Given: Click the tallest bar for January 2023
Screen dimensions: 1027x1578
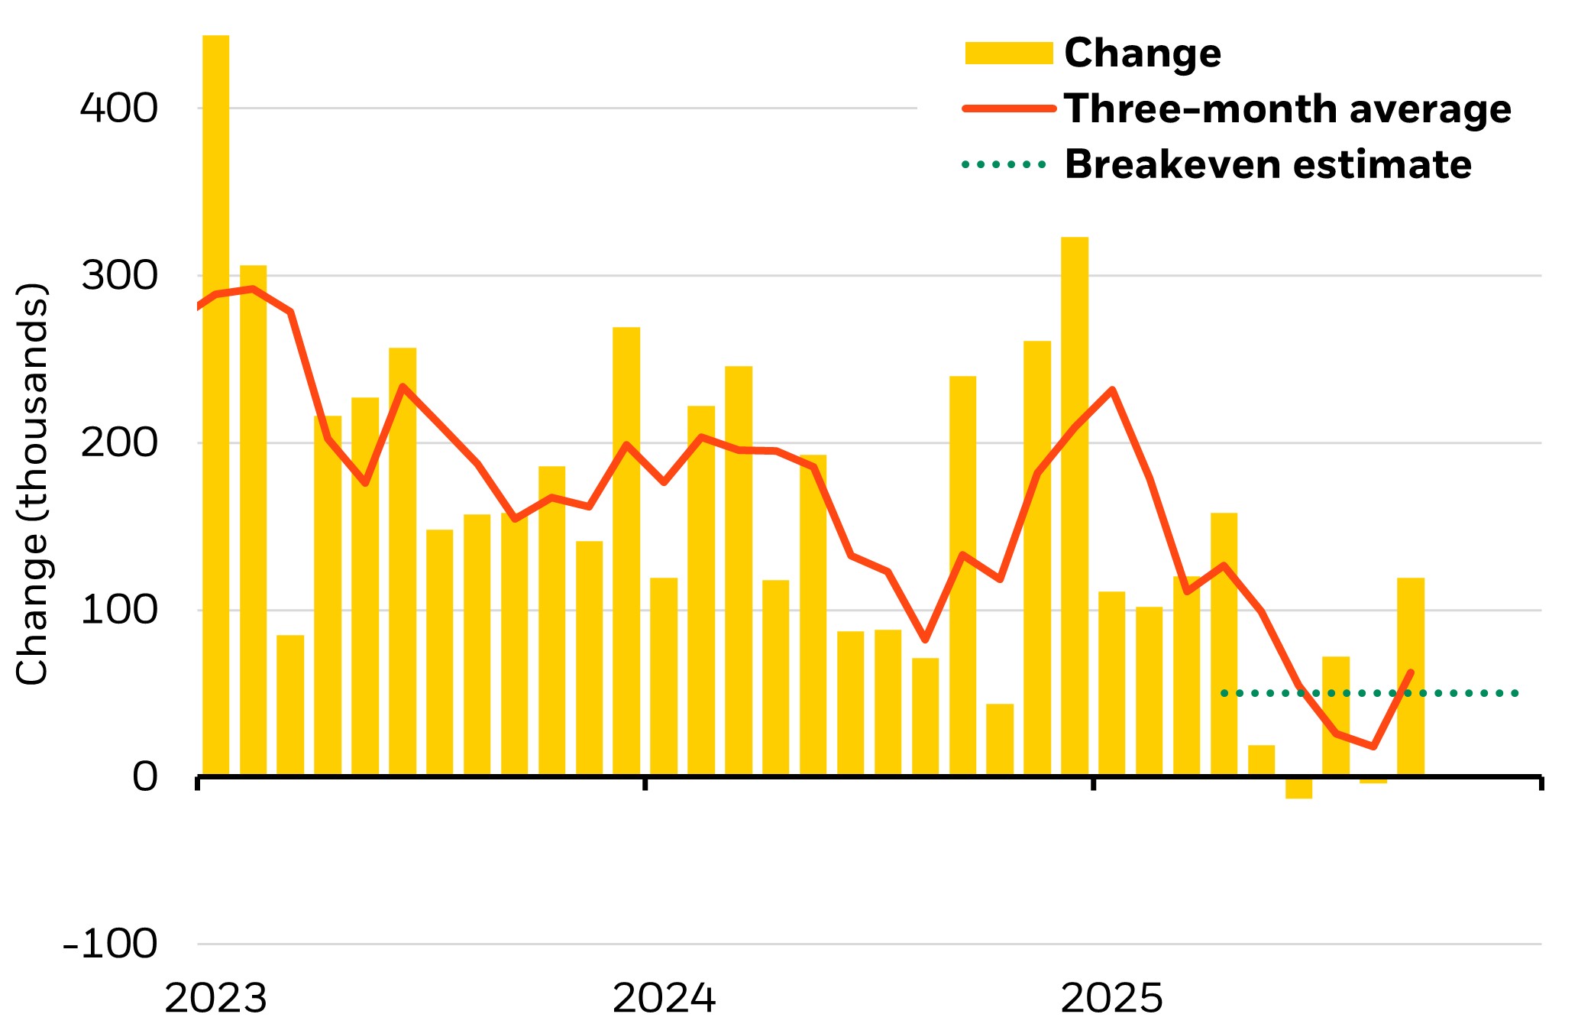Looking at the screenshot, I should tap(215, 405).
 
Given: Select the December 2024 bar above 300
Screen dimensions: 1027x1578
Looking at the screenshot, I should tap(1074, 504).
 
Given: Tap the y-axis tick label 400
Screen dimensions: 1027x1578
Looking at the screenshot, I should tap(118, 108).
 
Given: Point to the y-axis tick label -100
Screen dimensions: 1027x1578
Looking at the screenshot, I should tap(110, 944).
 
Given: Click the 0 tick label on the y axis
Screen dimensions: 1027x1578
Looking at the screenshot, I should tap(144, 778).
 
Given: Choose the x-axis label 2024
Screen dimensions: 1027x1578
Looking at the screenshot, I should tap(664, 998).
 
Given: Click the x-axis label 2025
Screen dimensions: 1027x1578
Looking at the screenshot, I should tap(1112, 998).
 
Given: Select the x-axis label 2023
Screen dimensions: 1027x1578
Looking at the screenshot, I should tap(215, 998).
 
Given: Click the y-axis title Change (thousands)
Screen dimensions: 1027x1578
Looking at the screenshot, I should tap(32, 484).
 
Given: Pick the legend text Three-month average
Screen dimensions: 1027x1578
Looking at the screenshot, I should tap(1287, 109).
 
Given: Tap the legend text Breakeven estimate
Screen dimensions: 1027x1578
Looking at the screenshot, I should tap(1268, 164).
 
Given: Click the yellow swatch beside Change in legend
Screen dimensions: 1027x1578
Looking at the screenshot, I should tap(1008, 53).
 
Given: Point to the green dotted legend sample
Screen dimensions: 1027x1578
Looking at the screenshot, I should tap(1004, 164).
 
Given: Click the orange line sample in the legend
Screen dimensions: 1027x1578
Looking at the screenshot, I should tap(1008, 109).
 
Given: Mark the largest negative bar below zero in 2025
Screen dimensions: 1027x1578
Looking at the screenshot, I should tap(1298, 789).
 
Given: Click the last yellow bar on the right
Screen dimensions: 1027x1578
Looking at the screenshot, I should tap(1410, 677).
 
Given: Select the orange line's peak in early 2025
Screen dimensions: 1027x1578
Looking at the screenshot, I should tap(1112, 390).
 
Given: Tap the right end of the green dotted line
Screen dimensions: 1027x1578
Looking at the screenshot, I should tap(1516, 693).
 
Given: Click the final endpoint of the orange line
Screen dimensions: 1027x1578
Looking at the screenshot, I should tap(1410, 672).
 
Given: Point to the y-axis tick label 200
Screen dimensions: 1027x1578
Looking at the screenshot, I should tap(118, 442).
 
